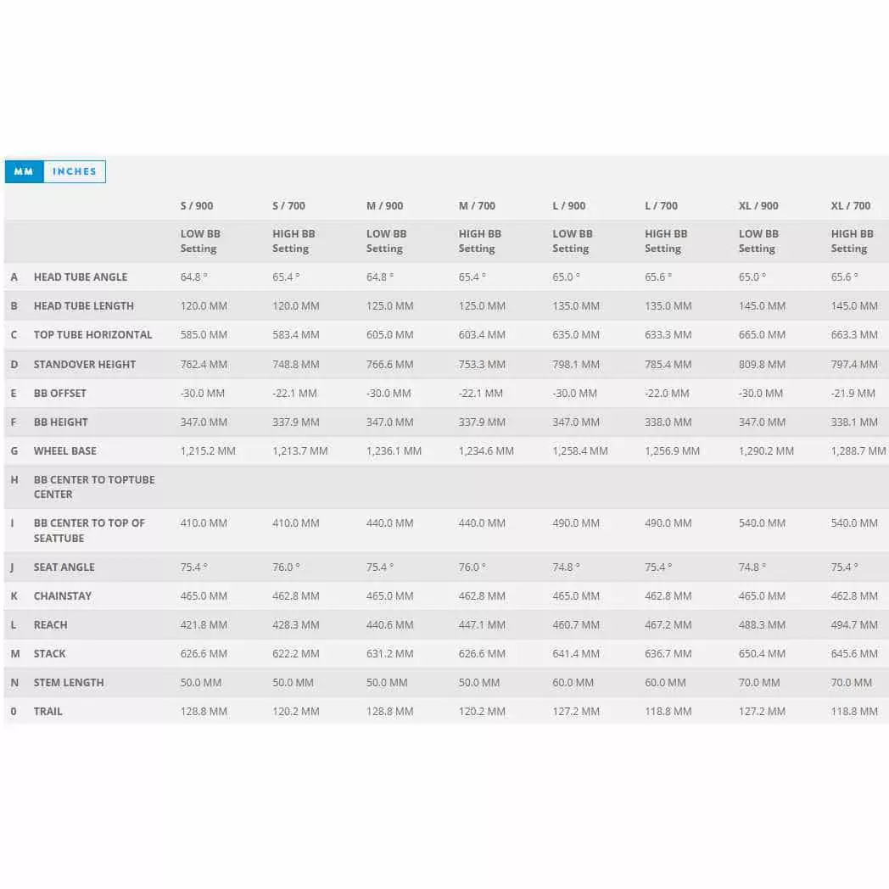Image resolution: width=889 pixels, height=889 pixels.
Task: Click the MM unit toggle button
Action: pos(24,171)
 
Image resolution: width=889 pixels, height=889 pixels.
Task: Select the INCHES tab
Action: pos(75,171)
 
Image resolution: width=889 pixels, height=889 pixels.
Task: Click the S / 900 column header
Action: pos(197,206)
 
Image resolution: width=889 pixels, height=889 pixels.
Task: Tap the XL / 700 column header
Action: pos(851,206)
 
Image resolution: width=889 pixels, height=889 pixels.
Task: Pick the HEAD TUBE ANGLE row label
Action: pos(81,277)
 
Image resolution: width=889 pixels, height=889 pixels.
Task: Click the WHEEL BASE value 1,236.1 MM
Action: pos(394,451)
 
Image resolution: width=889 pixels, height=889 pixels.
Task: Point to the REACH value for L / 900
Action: pos(576,625)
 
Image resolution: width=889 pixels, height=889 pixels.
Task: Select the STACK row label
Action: pos(49,654)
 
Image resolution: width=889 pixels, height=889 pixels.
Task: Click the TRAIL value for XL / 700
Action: pos(854,712)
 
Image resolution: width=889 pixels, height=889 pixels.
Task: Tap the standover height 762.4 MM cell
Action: pos(204,365)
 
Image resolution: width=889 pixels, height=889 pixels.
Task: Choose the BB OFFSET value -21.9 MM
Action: pos(853,394)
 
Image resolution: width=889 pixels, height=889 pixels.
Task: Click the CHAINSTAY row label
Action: pos(63,596)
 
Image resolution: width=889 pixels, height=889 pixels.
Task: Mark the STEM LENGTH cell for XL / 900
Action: pos(759,683)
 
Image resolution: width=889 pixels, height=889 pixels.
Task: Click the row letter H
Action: pos(14,480)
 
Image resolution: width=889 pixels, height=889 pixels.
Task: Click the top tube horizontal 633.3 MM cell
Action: pos(668,335)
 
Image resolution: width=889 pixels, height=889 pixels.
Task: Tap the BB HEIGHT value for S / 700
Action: pos(296,422)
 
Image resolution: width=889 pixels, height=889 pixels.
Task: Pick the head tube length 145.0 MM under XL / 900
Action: pos(762,306)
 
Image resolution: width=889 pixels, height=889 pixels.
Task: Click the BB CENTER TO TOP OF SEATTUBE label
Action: pos(89,530)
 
